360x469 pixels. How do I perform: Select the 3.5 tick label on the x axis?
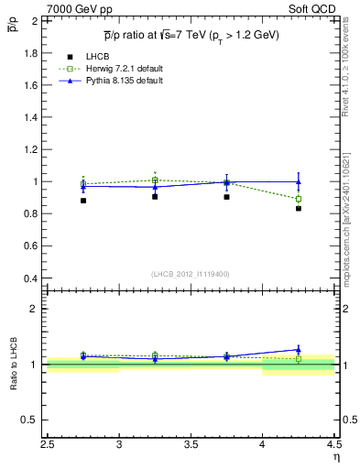tap(191, 445)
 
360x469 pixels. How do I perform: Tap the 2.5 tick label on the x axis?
tap(48, 445)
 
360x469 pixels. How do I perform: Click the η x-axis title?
tap(336, 457)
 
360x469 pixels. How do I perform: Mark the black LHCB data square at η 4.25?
tap(298, 209)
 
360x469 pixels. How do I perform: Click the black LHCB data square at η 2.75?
tap(83, 201)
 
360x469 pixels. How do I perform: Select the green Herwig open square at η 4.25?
tap(298, 199)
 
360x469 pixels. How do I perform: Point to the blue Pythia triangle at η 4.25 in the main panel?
tap(298, 182)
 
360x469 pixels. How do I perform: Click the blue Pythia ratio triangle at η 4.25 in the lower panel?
tap(298, 349)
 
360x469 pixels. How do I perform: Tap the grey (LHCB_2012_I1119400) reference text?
tap(191, 274)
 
